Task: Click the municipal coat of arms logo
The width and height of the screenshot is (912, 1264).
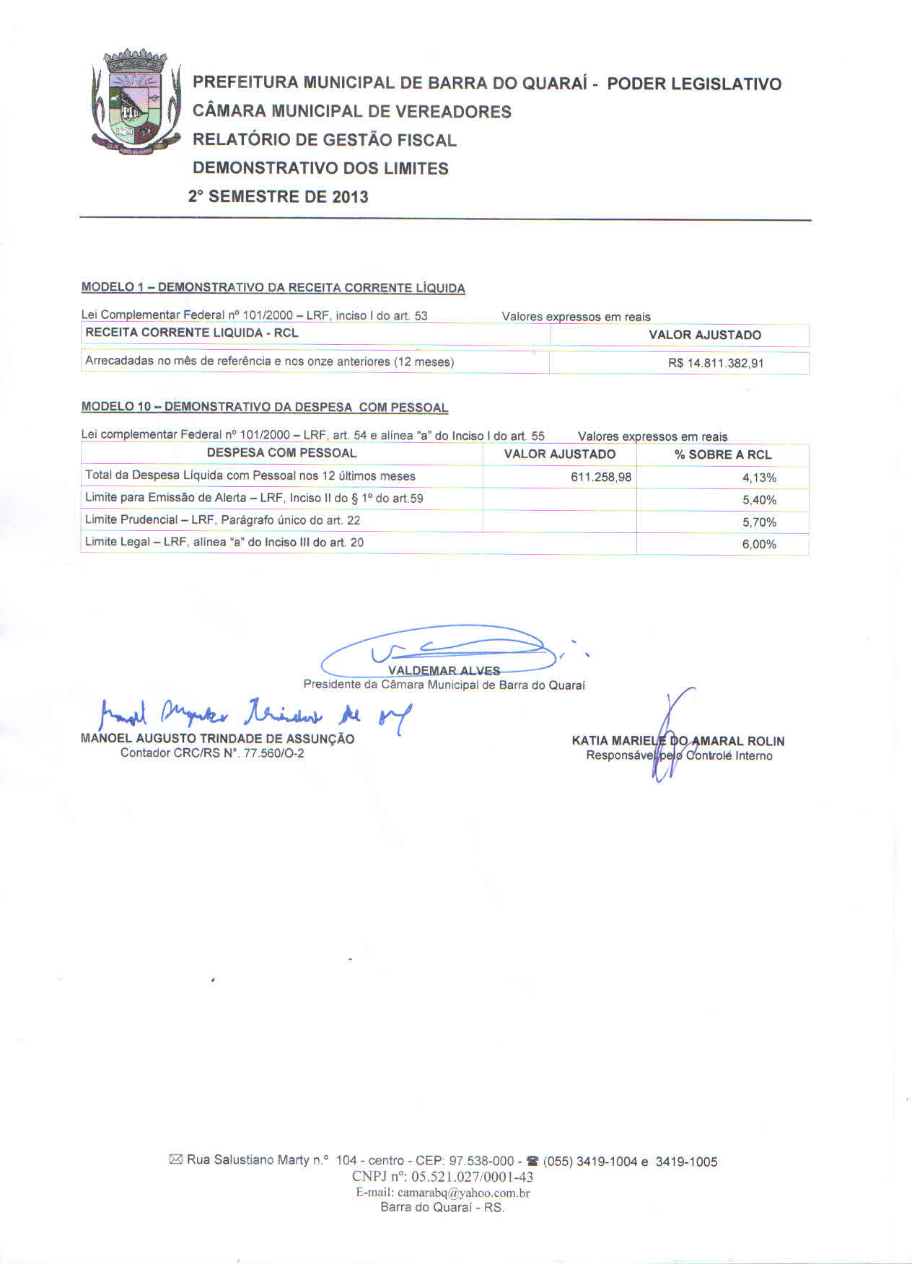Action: pos(135,100)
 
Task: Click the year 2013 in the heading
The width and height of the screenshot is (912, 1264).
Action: pos(350,197)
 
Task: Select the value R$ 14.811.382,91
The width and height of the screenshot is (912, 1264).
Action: pos(715,363)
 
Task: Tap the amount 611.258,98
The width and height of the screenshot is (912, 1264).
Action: pos(601,477)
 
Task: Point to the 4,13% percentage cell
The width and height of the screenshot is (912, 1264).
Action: pos(759,478)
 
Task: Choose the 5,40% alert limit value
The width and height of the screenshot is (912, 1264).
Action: pos(759,500)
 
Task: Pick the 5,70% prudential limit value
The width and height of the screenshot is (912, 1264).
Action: pos(759,522)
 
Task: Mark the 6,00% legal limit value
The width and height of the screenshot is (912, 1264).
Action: pos(759,545)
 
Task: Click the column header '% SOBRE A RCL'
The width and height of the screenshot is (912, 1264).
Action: pos(722,455)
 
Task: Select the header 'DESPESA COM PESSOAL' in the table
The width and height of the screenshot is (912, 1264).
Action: pos(281,453)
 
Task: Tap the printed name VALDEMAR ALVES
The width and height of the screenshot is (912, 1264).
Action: pos(444,670)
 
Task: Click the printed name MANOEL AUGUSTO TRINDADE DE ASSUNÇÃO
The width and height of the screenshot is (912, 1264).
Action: pos(217,739)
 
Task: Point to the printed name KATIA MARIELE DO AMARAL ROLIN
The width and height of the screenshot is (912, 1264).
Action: pos(678,741)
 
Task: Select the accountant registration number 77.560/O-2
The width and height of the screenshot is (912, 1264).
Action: pos(274,753)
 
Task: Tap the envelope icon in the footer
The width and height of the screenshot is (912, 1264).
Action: pos(175,1159)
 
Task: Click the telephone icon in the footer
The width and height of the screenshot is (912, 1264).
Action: pos(532,1162)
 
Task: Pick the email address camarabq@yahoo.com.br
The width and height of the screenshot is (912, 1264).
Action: pos(463,1193)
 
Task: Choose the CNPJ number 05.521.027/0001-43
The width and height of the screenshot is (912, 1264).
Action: pos(472,1177)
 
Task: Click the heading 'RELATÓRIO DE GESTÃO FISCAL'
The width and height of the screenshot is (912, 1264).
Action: pos(324,140)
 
